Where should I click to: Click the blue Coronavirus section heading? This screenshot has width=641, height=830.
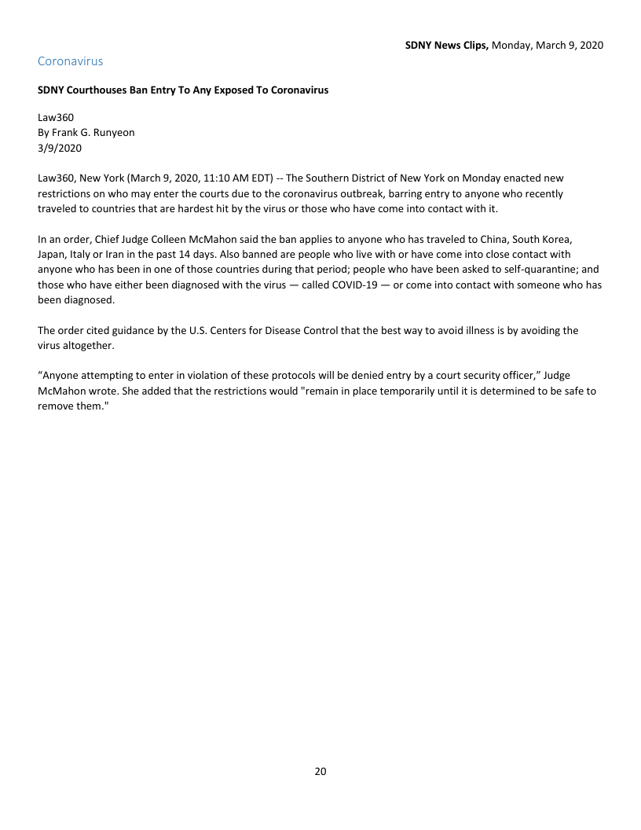(x=70, y=61)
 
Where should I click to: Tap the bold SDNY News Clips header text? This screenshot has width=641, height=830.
(x=447, y=46)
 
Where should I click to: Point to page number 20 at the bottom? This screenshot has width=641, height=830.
(x=320, y=771)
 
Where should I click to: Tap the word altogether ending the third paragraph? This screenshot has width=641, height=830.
(x=92, y=345)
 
